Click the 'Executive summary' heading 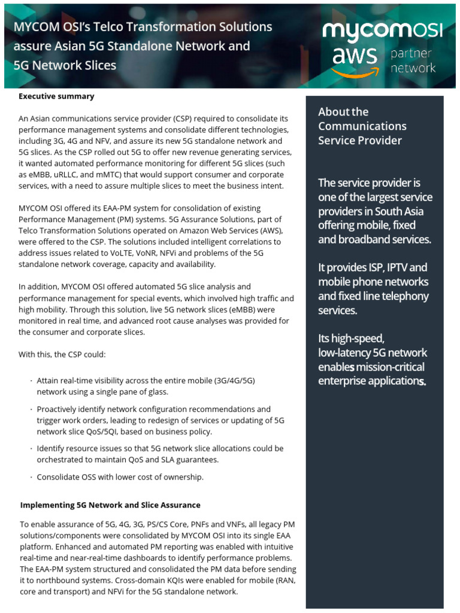[56, 96]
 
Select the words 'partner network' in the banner [413, 61]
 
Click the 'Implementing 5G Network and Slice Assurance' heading [110, 505]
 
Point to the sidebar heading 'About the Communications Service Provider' [362, 126]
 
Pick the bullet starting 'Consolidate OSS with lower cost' [120, 477]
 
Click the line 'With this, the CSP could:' [62, 354]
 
